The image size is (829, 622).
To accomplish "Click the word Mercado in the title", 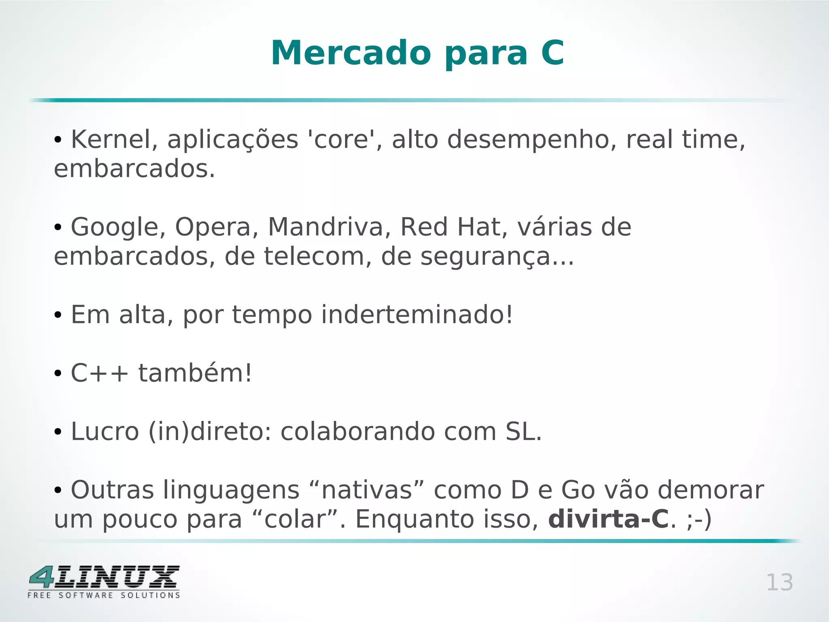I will pos(351,53).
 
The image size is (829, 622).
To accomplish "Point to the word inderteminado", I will pos(417,314).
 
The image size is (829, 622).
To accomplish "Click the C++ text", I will pos(100,373).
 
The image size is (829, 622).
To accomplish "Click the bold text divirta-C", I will pos(608,519).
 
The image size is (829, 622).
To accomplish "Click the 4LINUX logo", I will pos(104,582).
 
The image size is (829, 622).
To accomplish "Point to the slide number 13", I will pos(780,583).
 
